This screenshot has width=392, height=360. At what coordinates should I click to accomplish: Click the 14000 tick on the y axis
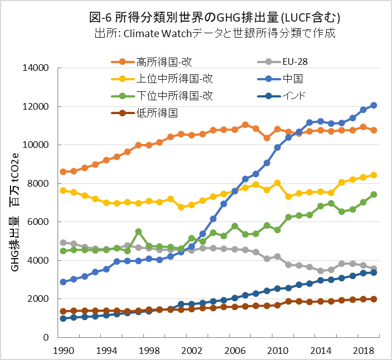pos(38,68)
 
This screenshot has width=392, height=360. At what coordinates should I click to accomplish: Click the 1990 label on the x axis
pos(63,351)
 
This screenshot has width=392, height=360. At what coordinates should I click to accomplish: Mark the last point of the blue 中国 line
pos(374,105)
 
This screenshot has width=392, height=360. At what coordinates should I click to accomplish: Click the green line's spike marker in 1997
pos(138,232)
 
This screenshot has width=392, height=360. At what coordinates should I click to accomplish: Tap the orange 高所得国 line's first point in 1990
pos(63,172)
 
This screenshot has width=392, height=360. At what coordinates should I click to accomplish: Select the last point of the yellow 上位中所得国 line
pos(374,175)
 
